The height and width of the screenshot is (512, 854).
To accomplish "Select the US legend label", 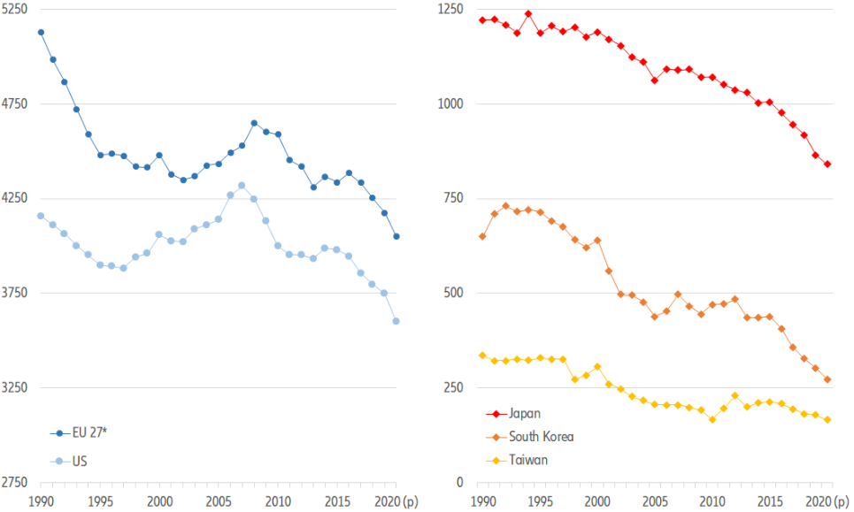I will [x=80, y=461].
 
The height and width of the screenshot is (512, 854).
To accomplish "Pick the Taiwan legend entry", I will [x=528, y=459].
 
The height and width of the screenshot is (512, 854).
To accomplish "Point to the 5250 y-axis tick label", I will [x=16, y=9].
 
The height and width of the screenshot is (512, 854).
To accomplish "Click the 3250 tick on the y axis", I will [x=16, y=388].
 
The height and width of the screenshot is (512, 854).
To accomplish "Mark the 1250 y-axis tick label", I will [x=452, y=9].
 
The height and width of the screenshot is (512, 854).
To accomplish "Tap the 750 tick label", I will [x=456, y=199].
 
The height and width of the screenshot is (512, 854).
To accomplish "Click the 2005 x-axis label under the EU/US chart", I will [x=219, y=501].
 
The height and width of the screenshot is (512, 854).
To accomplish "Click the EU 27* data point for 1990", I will [x=41, y=32].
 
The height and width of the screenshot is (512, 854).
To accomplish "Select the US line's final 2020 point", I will [x=396, y=321].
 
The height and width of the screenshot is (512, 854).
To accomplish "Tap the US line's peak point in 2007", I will [x=242, y=186].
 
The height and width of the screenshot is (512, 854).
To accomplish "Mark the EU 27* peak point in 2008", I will [x=254, y=123].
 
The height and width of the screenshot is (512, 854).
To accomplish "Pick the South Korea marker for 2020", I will [x=827, y=379].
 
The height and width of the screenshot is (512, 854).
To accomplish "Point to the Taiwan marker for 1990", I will [x=481, y=355].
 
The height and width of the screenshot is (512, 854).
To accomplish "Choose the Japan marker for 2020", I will [x=827, y=164].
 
